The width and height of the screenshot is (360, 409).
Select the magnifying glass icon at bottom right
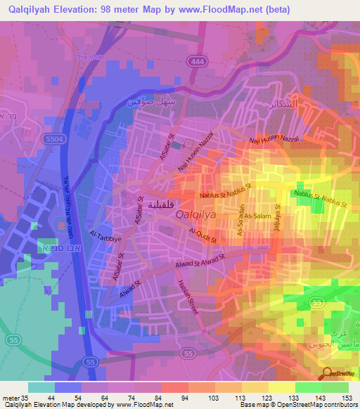(328, 374)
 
